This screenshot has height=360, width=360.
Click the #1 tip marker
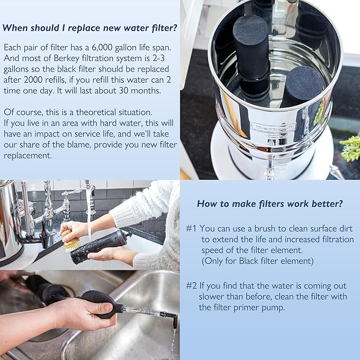pos(192,228)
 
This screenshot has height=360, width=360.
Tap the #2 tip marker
pos(192,285)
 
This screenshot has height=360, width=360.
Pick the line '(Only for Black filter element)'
pos(258,261)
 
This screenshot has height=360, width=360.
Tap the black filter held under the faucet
pos(101,245)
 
